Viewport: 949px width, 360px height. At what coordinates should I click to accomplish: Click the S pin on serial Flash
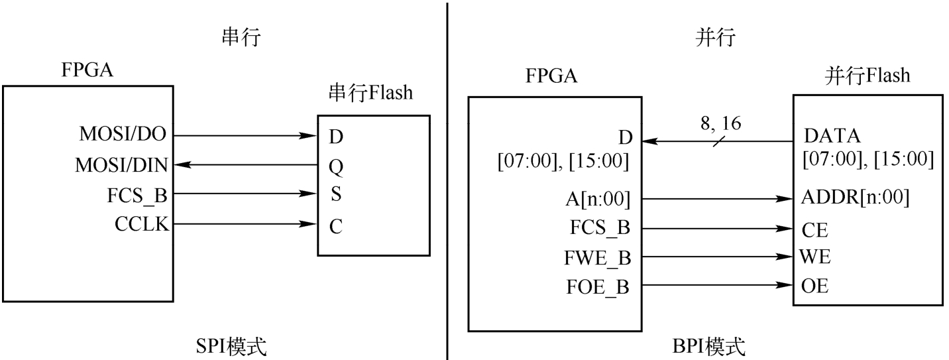335,196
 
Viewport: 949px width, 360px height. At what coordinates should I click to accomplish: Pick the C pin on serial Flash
336,227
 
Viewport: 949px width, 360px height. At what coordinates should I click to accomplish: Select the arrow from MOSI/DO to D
245,137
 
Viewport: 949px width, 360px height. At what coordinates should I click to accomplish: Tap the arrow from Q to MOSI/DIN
245,166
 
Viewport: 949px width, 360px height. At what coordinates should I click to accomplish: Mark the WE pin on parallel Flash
815,257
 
